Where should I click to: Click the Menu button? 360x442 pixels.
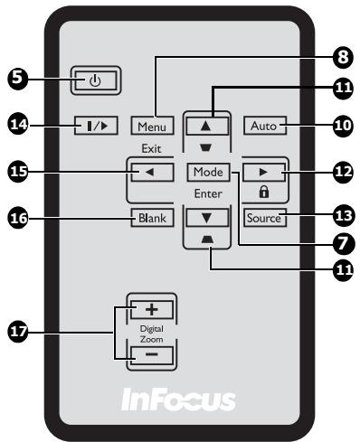(150, 126)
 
